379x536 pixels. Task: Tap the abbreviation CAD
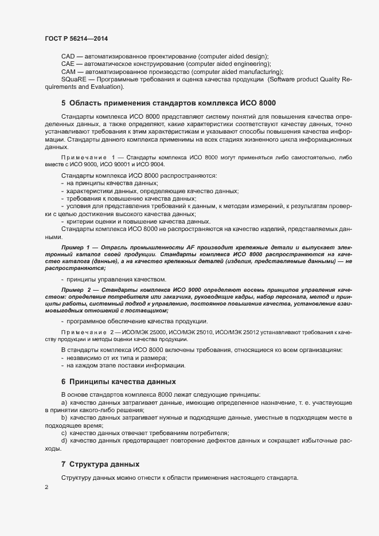coord(68,56)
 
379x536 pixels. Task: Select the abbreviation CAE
coord(68,64)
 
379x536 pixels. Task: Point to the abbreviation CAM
coord(68,72)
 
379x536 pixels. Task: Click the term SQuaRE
coord(73,80)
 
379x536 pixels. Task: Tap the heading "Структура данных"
coord(104,464)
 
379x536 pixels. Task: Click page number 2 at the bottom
coord(46,487)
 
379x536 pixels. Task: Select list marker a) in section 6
coord(64,404)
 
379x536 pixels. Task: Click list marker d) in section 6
coord(64,440)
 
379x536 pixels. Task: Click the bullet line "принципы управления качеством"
coord(116,279)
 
